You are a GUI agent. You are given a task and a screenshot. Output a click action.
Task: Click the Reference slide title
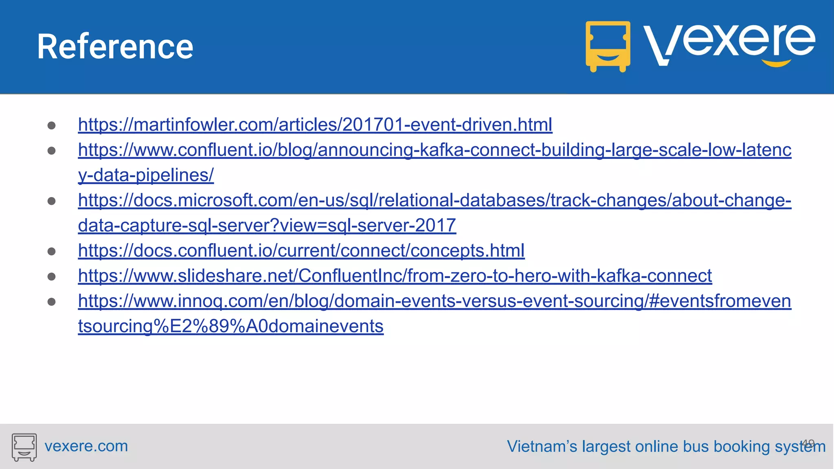[x=115, y=47]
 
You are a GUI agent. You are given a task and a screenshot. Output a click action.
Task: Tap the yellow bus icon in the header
[x=608, y=46]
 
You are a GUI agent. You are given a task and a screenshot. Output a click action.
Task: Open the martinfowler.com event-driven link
[x=315, y=125]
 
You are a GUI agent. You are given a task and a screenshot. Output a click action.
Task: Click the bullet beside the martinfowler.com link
[x=52, y=125]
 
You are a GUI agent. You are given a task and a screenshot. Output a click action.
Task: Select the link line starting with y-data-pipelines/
[x=146, y=175]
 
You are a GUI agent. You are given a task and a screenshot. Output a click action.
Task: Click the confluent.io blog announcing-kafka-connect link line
[x=435, y=150]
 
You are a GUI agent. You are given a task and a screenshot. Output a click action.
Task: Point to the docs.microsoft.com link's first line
[x=435, y=200]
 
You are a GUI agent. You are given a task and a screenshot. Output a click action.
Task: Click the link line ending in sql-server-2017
[x=267, y=226]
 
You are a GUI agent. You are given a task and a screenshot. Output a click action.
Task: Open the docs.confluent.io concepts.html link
[x=301, y=251]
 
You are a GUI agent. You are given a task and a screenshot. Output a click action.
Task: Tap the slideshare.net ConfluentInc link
[x=395, y=276]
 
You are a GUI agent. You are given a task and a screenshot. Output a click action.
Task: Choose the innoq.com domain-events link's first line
[x=435, y=301]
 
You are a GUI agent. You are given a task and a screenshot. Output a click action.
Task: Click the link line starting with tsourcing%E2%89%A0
[x=230, y=327]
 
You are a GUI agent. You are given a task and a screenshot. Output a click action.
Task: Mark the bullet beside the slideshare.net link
[x=52, y=277]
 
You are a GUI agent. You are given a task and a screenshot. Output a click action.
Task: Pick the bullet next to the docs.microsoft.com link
[x=52, y=201]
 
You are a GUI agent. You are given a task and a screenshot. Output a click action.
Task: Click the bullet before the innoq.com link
[x=52, y=302]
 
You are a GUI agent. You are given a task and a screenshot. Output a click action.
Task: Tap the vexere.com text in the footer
[x=86, y=446]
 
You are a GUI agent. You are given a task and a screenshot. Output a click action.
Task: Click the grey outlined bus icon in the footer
[x=24, y=447]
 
